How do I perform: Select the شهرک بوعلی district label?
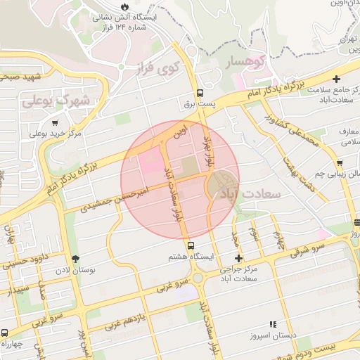(57, 101)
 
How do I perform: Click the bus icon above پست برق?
(200, 93)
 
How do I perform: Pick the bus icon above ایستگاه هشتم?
(191, 244)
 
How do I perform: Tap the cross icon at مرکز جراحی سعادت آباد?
(238, 258)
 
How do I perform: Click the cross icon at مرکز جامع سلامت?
(337, 78)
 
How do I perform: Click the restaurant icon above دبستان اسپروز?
(272, 325)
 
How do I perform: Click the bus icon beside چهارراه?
(6, 333)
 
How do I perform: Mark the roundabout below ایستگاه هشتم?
(199, 277)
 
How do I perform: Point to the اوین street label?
(181, 131)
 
